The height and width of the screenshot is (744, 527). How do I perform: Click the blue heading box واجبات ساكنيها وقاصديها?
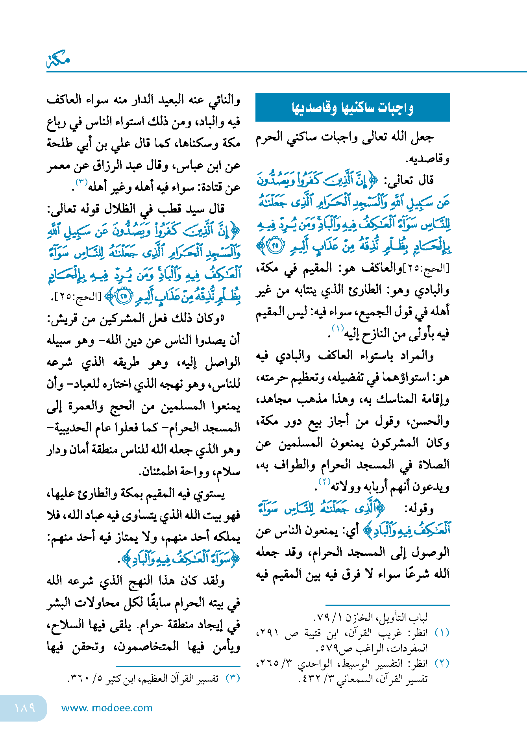pyautogui.click(x=352, y=107)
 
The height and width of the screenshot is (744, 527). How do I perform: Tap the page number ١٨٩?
pyautogui.click(x=24, y=708)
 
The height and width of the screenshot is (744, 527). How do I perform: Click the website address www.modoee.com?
pyautogui.click(x=107, y=708)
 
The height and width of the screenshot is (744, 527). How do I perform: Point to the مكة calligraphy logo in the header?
pyautogui.click(x=58, y=60)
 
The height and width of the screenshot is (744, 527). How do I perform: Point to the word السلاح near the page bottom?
pyautogui.click(x=67, y=625)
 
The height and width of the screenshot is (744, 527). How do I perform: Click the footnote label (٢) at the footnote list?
pyautogui.click(x=442, y=663)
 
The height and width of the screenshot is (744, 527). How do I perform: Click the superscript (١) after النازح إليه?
pyautogui.click(x=338, y=328)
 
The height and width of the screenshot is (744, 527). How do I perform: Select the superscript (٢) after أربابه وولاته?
pyautogui.click(x=324, y=481)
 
